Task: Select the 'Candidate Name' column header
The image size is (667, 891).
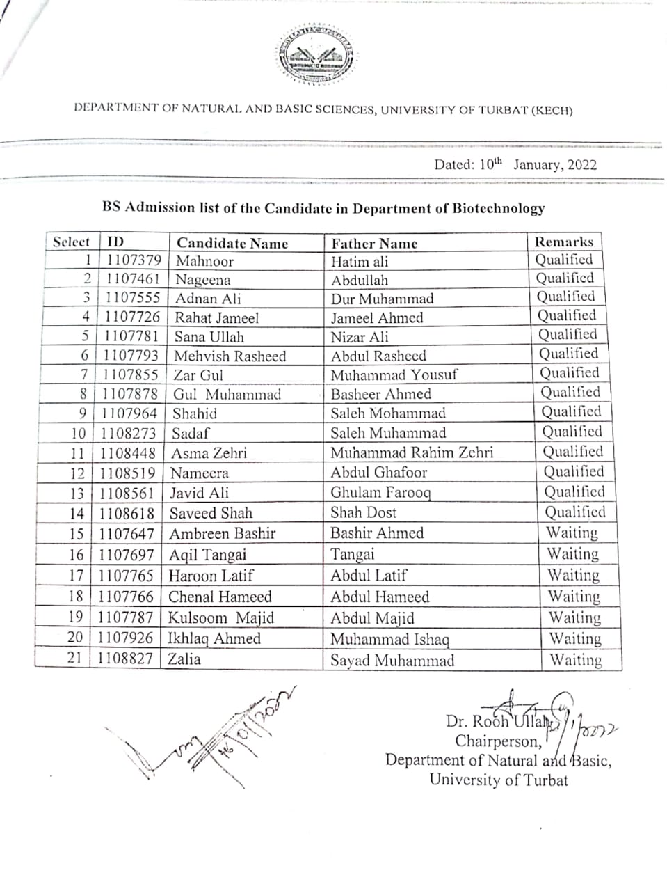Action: (232, 243)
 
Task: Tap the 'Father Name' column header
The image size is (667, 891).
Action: (374, 244)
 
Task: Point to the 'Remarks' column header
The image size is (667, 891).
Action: (563, 242)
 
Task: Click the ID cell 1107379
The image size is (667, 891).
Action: (134, 260)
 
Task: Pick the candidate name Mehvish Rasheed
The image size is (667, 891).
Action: (230, 356)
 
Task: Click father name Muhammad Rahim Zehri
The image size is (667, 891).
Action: (411, 452)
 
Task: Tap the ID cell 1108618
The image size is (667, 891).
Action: (126, 513)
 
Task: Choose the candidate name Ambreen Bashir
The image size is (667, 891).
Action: (222, 534)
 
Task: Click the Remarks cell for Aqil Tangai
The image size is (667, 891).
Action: (572, 554)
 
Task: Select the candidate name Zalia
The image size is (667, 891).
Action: (184, 659)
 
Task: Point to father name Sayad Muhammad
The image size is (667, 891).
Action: (392, 661)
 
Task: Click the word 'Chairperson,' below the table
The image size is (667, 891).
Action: (498, 741)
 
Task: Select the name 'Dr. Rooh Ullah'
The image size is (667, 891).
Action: (497, 721)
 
